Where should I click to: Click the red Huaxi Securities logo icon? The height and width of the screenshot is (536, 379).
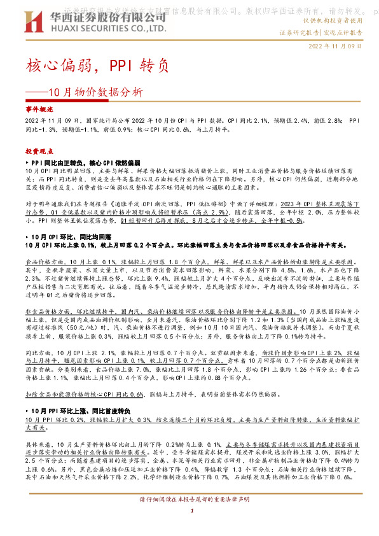(x=34, y=23)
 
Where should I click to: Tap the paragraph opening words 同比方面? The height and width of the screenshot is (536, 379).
(x=37, y=351)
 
